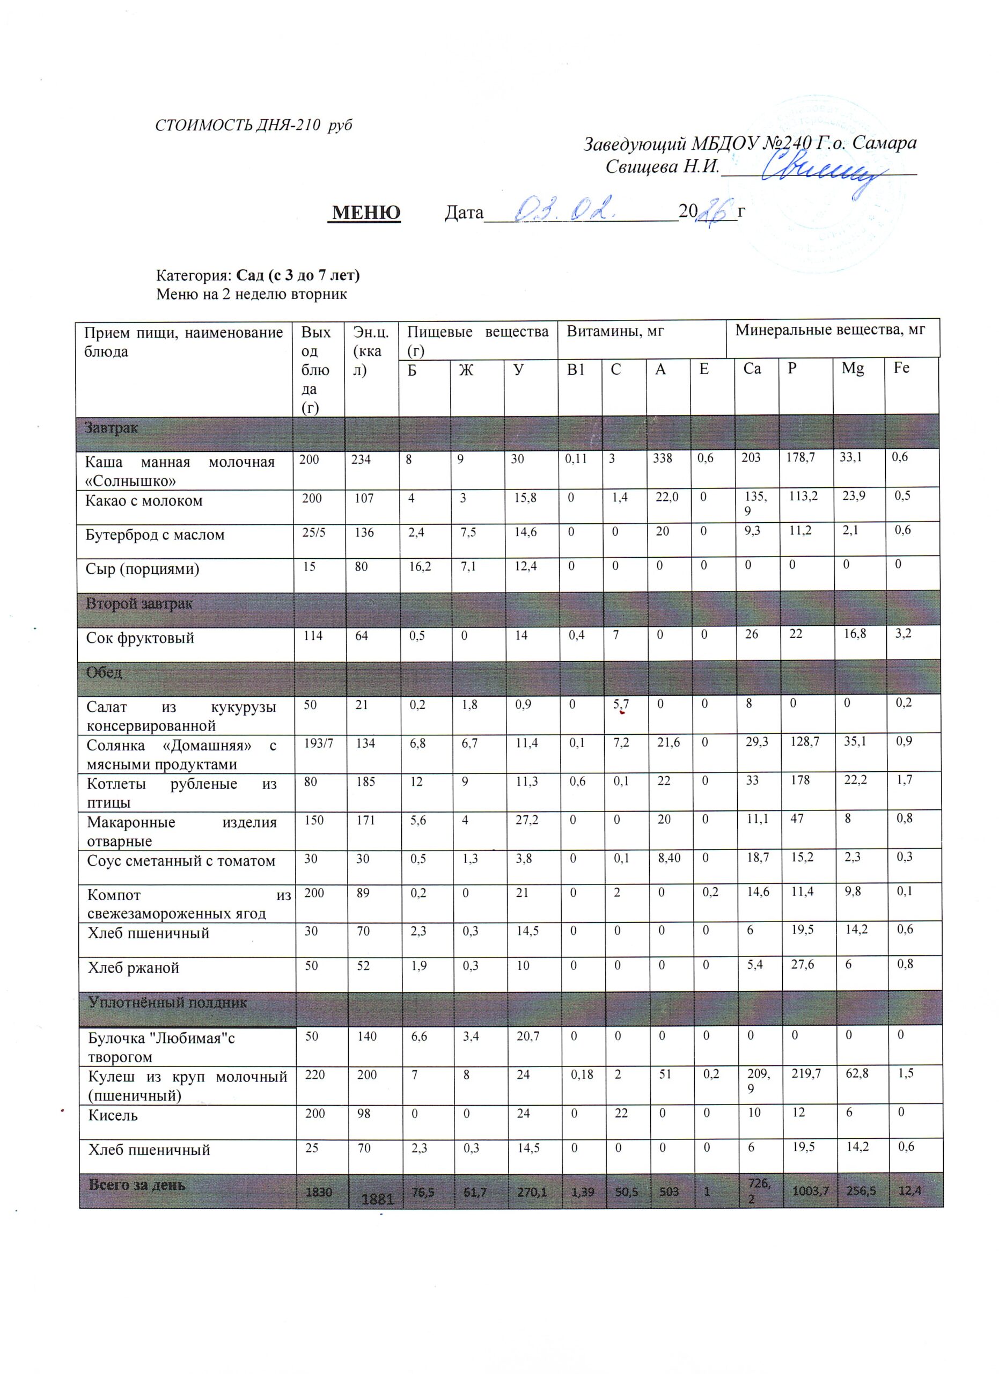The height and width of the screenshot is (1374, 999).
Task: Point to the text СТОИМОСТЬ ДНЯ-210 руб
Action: point(254,126)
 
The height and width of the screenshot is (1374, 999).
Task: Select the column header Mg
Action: point(853,368)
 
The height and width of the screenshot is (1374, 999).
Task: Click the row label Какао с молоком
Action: point(144,501)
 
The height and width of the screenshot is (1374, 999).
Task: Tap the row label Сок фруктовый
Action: point(140,638)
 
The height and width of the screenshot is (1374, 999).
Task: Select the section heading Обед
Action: point(104,673)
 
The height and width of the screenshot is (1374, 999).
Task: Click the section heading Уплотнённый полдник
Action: point(168,1003)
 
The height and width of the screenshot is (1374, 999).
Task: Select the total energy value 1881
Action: point(377,1199)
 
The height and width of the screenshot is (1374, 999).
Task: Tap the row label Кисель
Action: point(113,1115)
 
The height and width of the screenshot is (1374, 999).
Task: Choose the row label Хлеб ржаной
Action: point(134,968)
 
